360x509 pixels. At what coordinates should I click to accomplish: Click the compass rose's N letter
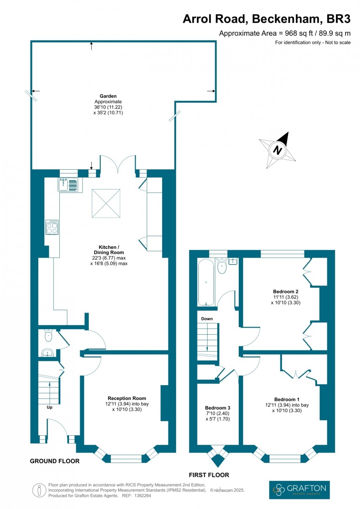pos(277,149)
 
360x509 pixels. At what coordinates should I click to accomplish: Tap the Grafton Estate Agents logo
pos(299,489)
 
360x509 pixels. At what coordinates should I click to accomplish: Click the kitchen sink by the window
pos(68,184)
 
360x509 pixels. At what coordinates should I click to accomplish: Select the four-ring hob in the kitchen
pos(52,227)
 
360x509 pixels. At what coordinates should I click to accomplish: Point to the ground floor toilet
pos(48,336)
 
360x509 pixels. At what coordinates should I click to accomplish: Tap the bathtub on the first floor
pos(206,283)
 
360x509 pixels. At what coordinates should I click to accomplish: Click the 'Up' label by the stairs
pos(50,407)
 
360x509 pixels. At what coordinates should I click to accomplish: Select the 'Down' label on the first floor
pos(207,319)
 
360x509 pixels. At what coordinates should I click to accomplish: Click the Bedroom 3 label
pos(218,408)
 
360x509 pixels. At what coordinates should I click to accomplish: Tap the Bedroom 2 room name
pos(286,291)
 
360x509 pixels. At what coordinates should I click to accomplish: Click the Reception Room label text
pos(127,398)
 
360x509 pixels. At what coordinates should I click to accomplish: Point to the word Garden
pos(108,96)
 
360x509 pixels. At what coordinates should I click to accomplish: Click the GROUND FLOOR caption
pos(54,461)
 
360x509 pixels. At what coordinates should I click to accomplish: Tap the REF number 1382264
pos(141,496)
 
